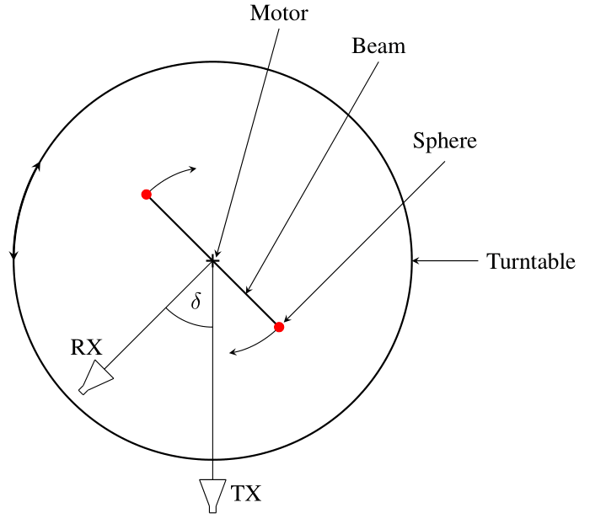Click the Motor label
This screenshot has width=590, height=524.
click(x=280, y=13)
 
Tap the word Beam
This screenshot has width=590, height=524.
click(x=378, y=46)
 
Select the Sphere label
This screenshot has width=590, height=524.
click(x=444, y=141)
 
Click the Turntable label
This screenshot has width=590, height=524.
click(x=531, y=262)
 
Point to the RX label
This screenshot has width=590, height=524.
click(x=86, y=347)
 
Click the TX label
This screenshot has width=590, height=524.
click(x=246, y=494)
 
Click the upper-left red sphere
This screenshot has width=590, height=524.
click(x=146, y=195)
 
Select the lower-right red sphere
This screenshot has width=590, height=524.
click(x=279, y=327)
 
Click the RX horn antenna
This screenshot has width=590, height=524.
click(x=96, y=378)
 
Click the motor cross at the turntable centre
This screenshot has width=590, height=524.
click(x=212, y=261)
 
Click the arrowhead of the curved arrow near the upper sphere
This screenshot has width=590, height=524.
click(x=192, y=168)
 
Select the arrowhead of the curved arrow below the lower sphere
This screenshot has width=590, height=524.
click(x=235, y=352)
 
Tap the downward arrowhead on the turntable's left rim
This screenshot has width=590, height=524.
click(x=13, y=254)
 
